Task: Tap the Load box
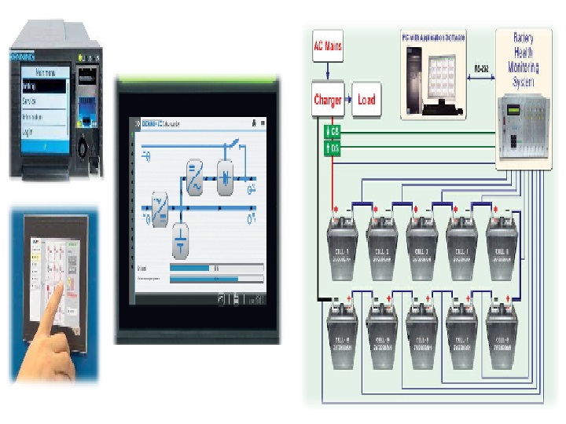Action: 366,100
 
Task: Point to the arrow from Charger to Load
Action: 347,100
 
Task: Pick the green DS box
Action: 333,147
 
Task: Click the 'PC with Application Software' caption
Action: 434,37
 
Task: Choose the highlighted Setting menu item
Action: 42,86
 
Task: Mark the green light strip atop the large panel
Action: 197,79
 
